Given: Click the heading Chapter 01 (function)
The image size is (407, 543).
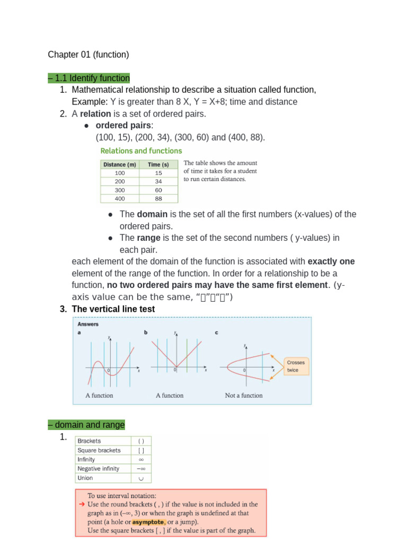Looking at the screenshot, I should (x=88, y=55).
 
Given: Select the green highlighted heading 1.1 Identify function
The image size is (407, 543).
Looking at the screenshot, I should (x=89, y=78).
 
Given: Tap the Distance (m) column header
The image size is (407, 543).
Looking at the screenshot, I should (x=120, y=164).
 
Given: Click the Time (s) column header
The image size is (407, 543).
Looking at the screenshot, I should (x=158, y=164).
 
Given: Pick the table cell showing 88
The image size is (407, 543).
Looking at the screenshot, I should (x=158, y=199).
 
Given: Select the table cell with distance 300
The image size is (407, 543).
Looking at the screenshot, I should (x=120, y=190).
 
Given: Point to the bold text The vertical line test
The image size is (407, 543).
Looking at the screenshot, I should (x=113, y=309).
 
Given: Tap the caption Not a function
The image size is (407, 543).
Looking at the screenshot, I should (x=244, y=395).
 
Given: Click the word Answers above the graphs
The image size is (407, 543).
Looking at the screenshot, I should (x=88, y=324).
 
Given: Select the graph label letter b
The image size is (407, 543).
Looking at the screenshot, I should (x=146, y=332).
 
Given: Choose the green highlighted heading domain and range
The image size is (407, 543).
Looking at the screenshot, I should (x=86, y=425).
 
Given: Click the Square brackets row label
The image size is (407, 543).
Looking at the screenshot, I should (x=99, y=450).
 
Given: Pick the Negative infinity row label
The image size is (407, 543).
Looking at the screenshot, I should (x=99, y=469).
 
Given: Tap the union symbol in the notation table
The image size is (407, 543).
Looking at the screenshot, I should (x=141, y=478).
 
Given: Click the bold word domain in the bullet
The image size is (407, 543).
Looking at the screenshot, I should (x=152, y=214).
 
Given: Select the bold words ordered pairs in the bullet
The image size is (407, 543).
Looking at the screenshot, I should (x=123, y=126).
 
